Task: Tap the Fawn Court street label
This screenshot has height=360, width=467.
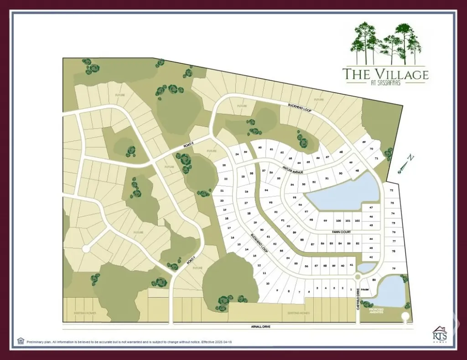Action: point(341,232)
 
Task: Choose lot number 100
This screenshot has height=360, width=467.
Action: point(338,221)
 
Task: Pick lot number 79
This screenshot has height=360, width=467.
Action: point(393,268)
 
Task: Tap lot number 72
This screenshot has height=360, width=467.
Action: point(392,190)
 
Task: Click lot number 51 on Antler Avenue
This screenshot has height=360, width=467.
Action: point(327,179)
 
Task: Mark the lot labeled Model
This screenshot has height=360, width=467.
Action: point(365,290)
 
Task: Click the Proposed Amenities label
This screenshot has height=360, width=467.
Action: point(376,311)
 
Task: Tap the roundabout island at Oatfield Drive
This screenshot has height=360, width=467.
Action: point(357,277)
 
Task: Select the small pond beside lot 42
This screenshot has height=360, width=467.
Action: point(365,267)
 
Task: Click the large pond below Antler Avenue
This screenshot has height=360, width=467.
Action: point(347,194)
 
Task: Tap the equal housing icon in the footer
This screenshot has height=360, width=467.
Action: point(21,340)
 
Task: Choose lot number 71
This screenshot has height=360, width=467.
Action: point(377,158)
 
